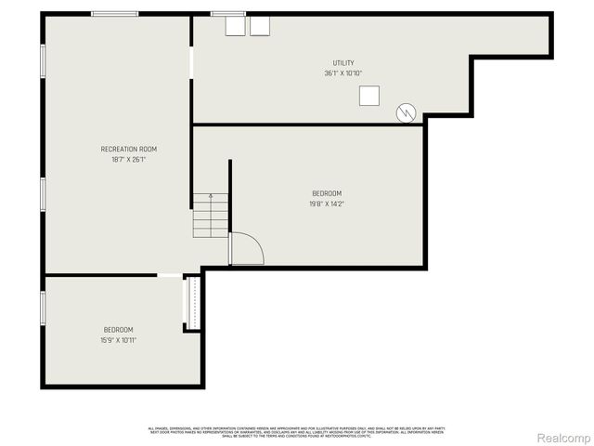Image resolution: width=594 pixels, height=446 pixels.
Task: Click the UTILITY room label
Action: coord(343,63)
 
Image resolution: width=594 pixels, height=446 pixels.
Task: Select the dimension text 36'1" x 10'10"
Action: coord(343,73)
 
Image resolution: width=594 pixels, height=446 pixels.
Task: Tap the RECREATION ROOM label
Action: coord(129,149)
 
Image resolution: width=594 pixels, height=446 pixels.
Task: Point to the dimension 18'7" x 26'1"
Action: coord(129,160)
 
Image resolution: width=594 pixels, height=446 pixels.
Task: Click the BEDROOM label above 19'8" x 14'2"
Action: coord(326,193)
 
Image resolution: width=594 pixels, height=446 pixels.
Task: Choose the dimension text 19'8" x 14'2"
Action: coord(326,204)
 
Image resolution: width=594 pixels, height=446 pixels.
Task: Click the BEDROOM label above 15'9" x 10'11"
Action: coord(118,330)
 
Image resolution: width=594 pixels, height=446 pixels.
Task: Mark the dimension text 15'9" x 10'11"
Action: coord(118,340)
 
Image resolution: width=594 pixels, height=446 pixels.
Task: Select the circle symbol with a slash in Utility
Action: coord(406,112)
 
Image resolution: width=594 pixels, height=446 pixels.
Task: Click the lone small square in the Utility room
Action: coord(370,95)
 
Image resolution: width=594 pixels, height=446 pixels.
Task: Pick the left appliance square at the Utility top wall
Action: coord(235,25)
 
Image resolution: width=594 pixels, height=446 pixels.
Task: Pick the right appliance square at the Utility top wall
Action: coord(260,25)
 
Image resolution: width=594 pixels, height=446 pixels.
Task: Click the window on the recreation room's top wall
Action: coord(115,14)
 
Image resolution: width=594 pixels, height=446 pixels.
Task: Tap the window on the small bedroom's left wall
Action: coord(43,308)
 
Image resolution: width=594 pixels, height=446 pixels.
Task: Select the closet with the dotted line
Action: coord(193,302)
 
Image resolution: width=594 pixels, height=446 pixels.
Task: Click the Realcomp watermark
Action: coord(563,437)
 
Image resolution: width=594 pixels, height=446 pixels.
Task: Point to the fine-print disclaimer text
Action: coord(297,432)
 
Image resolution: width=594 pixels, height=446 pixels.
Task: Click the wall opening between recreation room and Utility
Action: coord(191,62)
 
